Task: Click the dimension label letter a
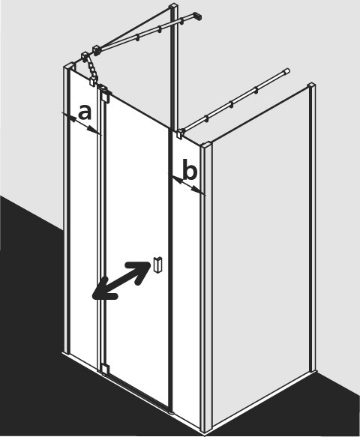85,112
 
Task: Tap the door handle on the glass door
157,264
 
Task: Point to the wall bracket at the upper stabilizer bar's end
197,16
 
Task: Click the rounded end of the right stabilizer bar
287,70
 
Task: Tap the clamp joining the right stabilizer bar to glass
181,133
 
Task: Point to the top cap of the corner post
207,145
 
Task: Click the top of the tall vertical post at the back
174,5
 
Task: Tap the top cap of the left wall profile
70,67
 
